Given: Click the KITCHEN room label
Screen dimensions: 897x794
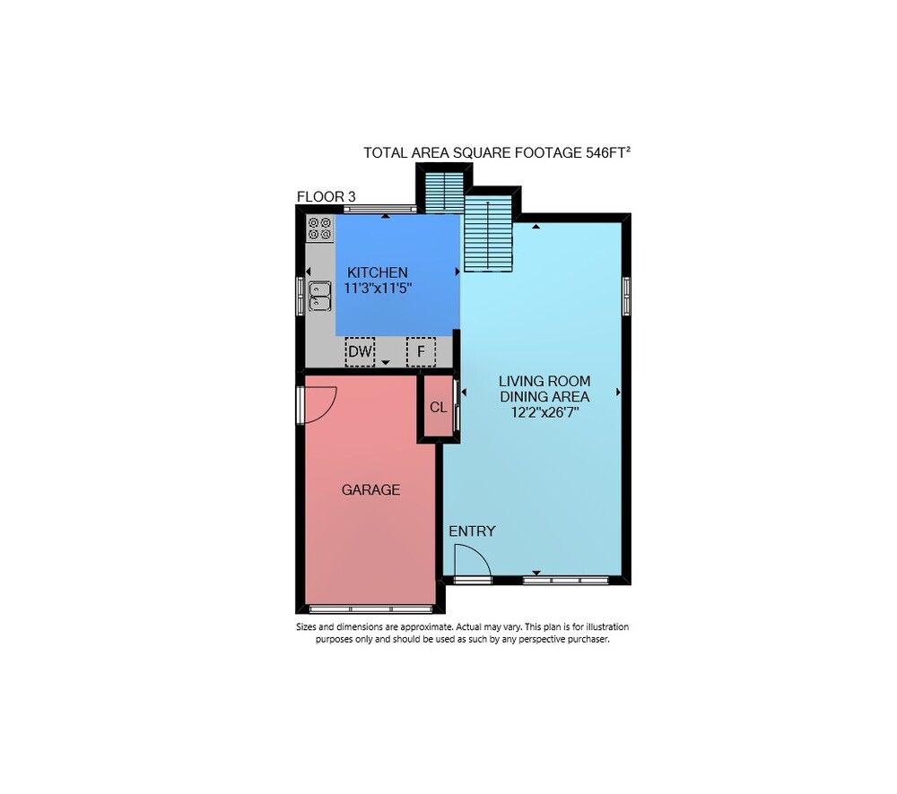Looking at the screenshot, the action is [x=378, y=272].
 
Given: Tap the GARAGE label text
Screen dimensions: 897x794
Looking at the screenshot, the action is [x=370, y=490].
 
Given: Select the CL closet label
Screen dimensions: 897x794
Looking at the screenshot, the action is [x=439, y=408].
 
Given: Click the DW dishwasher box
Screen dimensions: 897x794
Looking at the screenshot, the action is [x=360, y=351].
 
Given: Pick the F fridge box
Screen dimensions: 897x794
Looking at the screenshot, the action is [x=421, y=351].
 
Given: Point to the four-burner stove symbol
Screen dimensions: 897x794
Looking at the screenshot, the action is [x=320, y=229].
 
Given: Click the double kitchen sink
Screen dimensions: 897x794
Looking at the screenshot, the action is [x=320, y=296].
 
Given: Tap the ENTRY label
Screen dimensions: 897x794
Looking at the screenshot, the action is [x=472, y=531].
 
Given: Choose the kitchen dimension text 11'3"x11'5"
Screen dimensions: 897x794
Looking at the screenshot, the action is [x=378, y=288].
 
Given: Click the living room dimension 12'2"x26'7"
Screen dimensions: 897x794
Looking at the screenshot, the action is [x=544, y=412].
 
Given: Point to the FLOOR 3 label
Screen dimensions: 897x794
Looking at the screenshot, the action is [x=327, y=196].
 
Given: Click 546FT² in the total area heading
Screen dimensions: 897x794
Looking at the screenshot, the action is [x=608, y=152].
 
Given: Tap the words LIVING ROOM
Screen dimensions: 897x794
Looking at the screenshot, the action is [x=544, y=381].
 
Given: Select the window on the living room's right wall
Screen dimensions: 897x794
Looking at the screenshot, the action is [x=626, y=296].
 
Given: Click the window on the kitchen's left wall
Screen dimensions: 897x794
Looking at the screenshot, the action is [x=300, y=296].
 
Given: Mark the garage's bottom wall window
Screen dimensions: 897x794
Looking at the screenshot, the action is [x=370, y=609].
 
